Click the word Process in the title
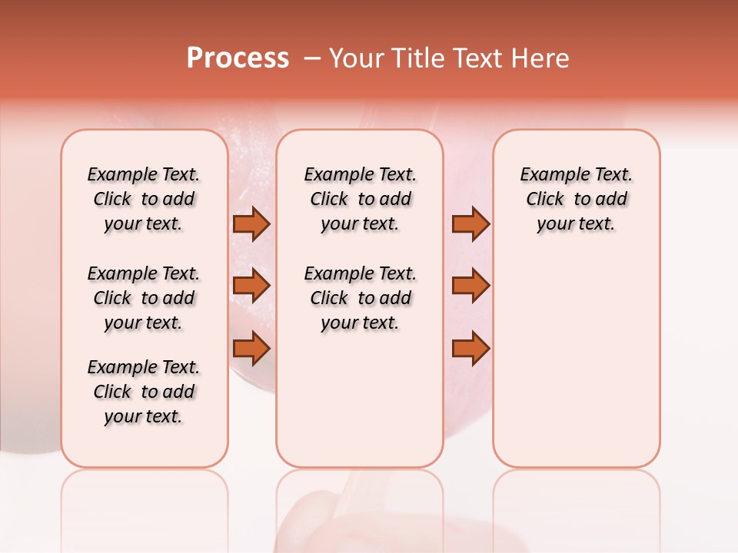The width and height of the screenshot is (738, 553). [238, 58]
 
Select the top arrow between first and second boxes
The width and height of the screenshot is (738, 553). [251, 224]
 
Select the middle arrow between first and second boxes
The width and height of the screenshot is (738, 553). [251, 286]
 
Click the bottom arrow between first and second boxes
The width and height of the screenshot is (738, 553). [251, 349]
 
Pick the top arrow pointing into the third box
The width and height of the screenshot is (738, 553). [470, 224]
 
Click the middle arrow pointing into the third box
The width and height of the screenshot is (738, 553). [470, 286]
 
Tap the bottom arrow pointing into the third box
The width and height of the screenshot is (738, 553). [470, 349]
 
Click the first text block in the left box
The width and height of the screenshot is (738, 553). [144, 199]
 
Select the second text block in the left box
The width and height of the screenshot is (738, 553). [144, 298]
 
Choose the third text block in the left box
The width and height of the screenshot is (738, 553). [144, 392]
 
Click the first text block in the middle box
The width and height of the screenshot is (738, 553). [360, 199]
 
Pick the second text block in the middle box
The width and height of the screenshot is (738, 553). [360, 298]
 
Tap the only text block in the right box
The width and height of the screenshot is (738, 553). [576, 199]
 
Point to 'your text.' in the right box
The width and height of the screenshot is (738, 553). [576, 224]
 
